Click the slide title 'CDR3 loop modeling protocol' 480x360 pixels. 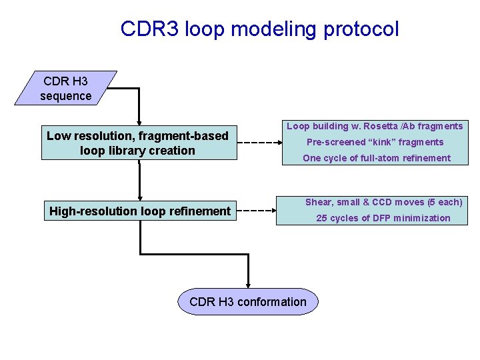pyautogui.click(x=259, y=29)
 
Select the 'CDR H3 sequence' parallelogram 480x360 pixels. pyautogui.click(x=65, y=89)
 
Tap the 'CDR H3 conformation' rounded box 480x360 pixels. pyautogui.click(x=248, y=302)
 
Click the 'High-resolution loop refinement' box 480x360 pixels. pyautogui.click(x=139, y=211)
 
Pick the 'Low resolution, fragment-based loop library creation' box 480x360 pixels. pyautogui.click(x=139, y=143)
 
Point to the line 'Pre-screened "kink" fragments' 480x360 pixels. pyautogui.click(x=375, y=142)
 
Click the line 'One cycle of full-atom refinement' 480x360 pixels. pyautogui.click(x=376, y=158)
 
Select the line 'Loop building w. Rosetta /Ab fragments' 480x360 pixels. pyautogui.click(x=375, y=126)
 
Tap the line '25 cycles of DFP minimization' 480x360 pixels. pyautogui.click(x=383, y=218)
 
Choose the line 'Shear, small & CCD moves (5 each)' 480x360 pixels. pyautogui.click(x=383, y=202)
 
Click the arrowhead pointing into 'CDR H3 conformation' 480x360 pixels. pyautogui.click(x=248, y=285)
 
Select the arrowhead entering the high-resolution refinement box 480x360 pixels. pyautogui.click(x=139, y=196)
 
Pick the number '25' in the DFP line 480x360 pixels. pyautogui.click(x=321, y=218)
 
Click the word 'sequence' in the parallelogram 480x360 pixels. pyautogui.click(x=65, y=96)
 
